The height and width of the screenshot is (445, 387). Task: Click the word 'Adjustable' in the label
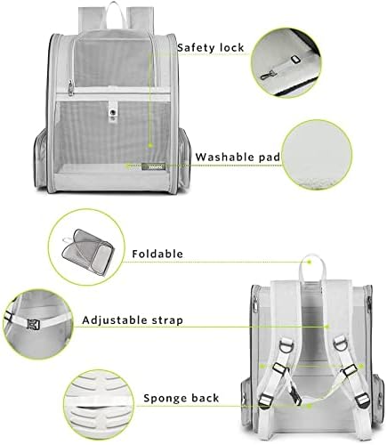pyautogui.click(x=116, y=318)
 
